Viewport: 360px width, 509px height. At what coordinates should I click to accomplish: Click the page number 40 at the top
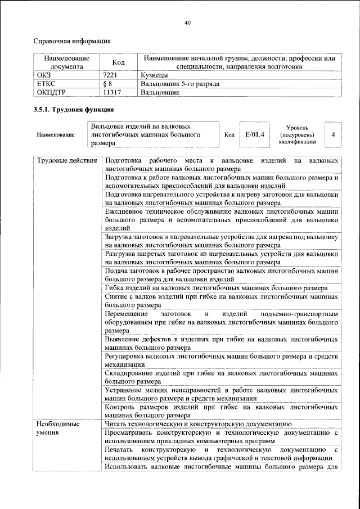(188, 22)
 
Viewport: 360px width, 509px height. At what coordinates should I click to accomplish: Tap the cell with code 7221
(112, 74)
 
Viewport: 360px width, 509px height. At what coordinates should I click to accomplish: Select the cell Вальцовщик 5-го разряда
(179, 83)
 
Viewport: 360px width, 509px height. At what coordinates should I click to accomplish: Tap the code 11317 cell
(114, 92)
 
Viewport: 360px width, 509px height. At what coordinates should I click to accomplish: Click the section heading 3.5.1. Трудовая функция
(74, 110)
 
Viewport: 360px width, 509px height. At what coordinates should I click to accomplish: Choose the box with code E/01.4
(255, 135)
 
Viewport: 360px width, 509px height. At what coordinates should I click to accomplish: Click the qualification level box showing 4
(333, 135)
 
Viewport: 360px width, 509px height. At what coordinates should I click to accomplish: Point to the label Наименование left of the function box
(55, 136)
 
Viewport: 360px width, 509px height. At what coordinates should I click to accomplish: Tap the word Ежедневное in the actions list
(127, 211)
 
